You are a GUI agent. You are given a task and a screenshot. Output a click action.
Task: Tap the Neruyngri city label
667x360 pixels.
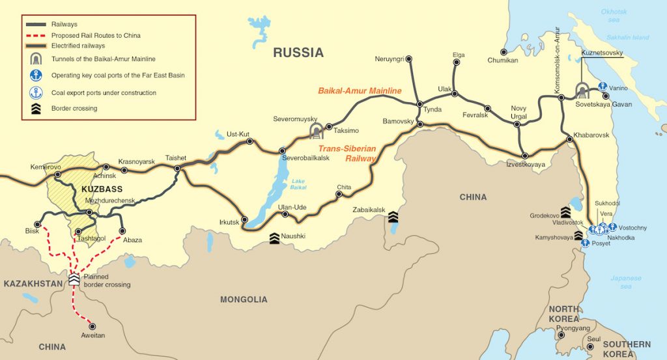click(x=390, y=59)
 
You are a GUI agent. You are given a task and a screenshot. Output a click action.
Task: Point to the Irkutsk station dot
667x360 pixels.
click(x=244, y=219)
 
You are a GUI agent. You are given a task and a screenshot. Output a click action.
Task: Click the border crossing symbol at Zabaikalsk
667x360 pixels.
click(x=393, y=215)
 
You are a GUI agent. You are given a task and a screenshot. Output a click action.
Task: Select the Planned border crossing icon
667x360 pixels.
click(x=74, y=279)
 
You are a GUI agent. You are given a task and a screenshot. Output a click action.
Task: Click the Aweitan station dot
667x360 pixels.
click(x=92, y=326)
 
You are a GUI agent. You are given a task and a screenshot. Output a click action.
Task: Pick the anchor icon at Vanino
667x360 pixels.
click(x=603, y=87)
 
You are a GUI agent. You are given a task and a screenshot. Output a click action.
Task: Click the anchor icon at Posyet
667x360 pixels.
click(x=586, y=243)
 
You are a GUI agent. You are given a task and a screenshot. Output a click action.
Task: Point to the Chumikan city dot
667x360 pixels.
click(x=504, y=51)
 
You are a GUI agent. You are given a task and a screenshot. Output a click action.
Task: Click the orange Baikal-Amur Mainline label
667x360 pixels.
click(x=360, y=91)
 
